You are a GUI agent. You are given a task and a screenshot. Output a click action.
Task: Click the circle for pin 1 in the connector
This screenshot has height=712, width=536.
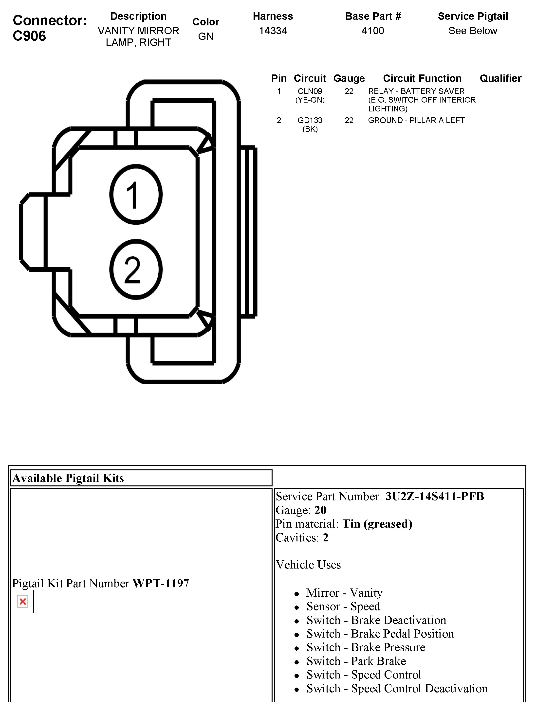click(136, 195)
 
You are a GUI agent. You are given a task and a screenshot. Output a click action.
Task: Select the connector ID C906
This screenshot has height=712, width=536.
click(29, 36)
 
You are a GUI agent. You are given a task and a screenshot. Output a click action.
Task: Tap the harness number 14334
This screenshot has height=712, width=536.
click(273, 31)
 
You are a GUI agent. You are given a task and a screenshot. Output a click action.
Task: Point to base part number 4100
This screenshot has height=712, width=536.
click(373, 31)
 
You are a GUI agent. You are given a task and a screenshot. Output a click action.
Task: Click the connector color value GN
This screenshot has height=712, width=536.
click(205, 36)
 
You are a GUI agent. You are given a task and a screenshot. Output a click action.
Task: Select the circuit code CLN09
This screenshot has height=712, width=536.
click(310, 91)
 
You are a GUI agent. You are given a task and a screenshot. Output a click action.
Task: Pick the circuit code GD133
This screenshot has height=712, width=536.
click(310, 120)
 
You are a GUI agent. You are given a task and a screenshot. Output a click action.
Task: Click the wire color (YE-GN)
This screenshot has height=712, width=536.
click(310, 100)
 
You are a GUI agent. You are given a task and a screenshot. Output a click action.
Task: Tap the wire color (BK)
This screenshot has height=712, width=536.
click(310, 129)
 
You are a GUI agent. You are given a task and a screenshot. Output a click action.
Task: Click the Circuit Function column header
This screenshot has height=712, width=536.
click(422, 78)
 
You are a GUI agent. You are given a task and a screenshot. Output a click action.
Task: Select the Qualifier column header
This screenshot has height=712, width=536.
click(500, 78)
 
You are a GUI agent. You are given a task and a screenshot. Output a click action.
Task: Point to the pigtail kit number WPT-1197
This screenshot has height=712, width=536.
click(161, 583)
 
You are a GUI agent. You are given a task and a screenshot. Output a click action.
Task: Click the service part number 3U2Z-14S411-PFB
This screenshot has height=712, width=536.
click(435, 496)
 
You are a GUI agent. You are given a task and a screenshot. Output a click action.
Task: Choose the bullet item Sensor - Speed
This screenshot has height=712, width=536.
click(343, 606)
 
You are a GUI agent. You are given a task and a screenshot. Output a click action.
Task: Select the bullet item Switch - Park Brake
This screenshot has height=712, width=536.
click(356, 661)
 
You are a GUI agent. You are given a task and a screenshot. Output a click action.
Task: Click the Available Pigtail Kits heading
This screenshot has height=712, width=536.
click(68, 478)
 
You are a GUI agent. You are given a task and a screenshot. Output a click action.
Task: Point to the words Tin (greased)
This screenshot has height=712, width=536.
click(377, 524)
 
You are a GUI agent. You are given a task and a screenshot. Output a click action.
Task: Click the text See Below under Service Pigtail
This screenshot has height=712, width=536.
click(473, 31)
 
